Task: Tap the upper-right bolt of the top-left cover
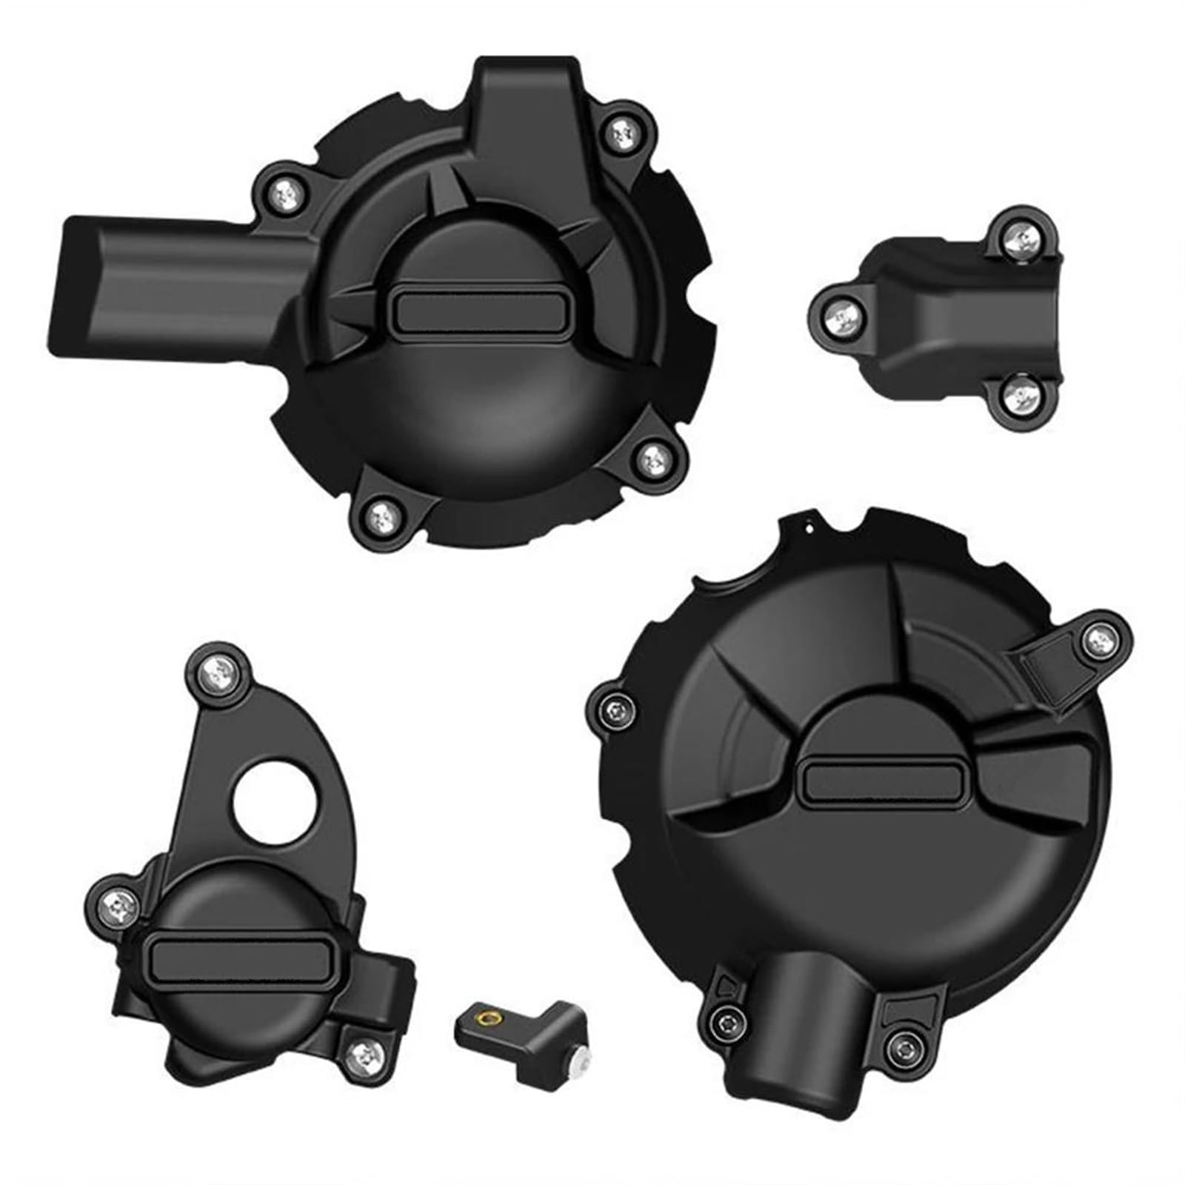619,133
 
